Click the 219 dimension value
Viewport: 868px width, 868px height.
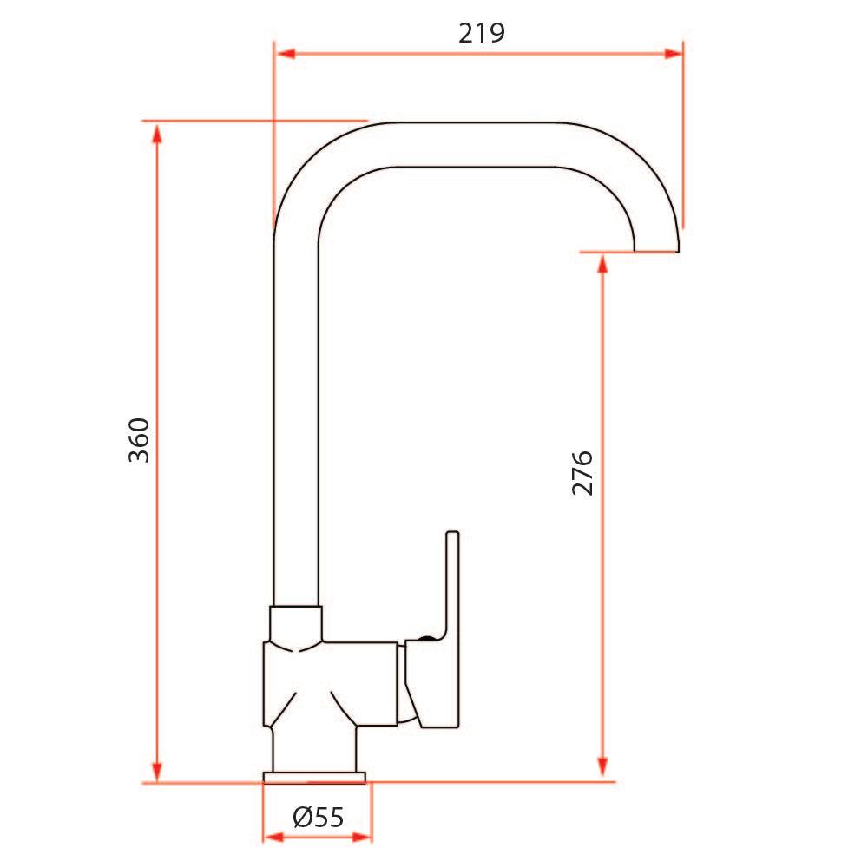[481, 33]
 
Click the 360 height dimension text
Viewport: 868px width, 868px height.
[140, 439]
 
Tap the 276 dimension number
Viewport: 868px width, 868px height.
[582, 473]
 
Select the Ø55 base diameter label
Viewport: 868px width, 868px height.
[319, 817]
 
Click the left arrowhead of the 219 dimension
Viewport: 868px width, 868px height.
[286, 54]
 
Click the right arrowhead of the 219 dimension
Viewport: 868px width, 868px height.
[672, 54]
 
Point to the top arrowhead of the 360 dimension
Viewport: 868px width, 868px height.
[157, 133]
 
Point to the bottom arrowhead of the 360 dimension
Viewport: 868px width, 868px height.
[157, 771]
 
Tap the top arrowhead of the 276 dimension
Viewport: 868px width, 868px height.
[602, 263]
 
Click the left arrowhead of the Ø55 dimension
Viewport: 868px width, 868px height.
[273, 838]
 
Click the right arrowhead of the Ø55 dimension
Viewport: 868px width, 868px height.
[362, 838]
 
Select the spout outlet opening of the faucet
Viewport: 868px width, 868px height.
[655, 250]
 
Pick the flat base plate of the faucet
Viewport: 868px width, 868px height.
[314, 777]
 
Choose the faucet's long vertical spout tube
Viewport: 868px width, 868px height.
[296, 417]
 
